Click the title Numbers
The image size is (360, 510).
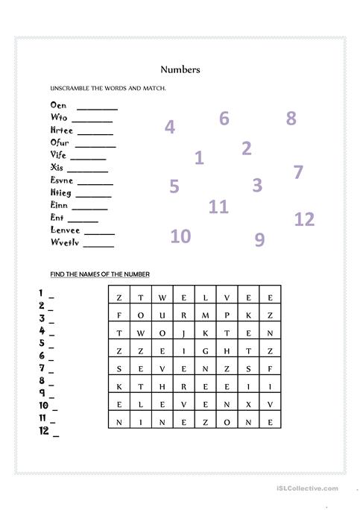pyautogui.click(x=180, y=70)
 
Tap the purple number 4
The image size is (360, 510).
pyautogui.click(x=170, y=127)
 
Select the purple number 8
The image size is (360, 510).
pyautogui.click(x=291, y=118)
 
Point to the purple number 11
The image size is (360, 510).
pyautogui.click(x=218, y=207)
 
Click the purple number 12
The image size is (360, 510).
pyautogui.click(x=304, y=219)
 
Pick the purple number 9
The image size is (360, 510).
pyautogui.click(x=259, y=239)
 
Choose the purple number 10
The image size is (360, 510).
pyautogui.click(x=180, y=236)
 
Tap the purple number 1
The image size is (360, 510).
pyautogui.click(x=199, y=157)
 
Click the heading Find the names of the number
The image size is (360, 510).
pyautogui.click(x=100, y=274)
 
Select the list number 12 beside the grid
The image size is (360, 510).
pyautogui.click(x=44, y=430)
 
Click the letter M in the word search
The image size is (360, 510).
pyautogui.click(x=205, y=315)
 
